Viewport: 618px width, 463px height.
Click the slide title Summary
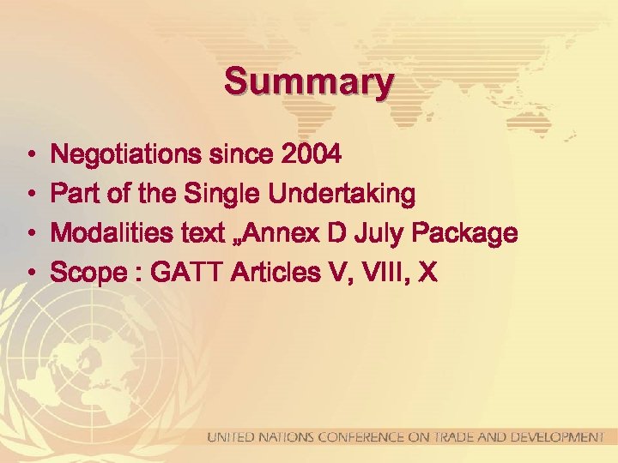309,82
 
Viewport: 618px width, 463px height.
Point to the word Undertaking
342,195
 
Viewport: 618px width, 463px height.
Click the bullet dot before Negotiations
29,156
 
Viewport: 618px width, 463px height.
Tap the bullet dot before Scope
29,274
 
